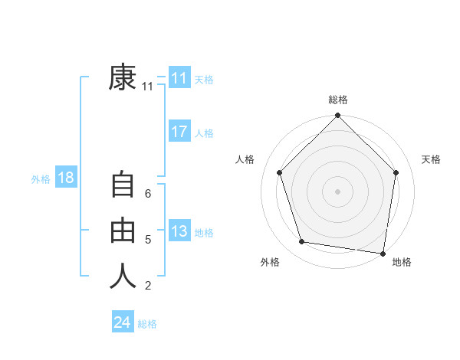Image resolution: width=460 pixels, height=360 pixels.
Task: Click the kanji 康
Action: click(x=123, y=77)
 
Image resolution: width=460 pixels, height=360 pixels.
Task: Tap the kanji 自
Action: click(x=123, y=186)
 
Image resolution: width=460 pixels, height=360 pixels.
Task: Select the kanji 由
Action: click(x=123, y=231)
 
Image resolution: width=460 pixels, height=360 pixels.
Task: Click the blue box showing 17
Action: click(x=179, y=132)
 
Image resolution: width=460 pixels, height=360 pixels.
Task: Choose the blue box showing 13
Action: click(x=179, y=231)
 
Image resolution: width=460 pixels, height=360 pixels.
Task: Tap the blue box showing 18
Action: click(x=66, y=178)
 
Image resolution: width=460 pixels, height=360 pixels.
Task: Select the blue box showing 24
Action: click(x=123, y=322)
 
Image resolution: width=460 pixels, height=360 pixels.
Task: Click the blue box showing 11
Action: click(x=179, y=78)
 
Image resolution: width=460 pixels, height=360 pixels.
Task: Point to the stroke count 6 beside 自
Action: click(x=148, y=194)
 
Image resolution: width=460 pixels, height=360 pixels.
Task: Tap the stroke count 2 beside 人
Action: click(x=148, y=286)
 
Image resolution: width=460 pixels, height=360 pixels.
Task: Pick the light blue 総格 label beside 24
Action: click(x=147, y=324)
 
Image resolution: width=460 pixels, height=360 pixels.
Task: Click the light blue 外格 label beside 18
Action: click(x=41, y=179)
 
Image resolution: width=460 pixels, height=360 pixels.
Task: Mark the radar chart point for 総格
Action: click(x=337, y=116)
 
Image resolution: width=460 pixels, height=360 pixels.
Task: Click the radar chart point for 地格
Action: click(x=382, y=252)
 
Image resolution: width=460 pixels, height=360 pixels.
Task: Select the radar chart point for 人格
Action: click(x=280, y=172)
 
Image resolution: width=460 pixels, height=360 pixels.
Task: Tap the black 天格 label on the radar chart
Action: click(x=432, y=159)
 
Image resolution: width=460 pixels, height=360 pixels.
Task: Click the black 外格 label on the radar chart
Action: click(x=270, y=262)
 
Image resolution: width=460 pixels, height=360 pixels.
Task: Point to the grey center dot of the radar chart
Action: click(x=337, y=191)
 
